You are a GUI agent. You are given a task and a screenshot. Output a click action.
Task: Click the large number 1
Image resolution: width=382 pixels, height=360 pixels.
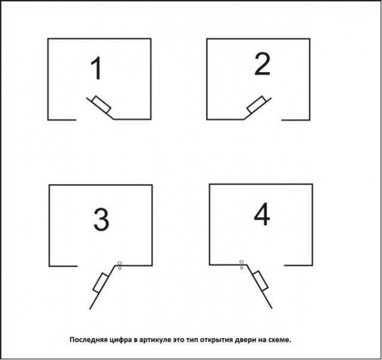click(x=97, y=68)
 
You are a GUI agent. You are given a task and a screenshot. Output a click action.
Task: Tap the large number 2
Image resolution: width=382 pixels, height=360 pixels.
click(x=262, y=64)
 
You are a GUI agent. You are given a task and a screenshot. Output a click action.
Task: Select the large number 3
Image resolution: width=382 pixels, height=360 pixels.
click(x=101, y=219)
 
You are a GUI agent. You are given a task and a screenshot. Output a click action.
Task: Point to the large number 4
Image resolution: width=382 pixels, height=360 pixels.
click(x=262, y=215)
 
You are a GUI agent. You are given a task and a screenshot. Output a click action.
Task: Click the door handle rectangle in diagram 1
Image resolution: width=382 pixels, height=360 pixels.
click(x=102, y=104)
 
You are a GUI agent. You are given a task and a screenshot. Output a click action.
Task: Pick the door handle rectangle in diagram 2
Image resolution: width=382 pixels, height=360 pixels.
click(x=257, y=104)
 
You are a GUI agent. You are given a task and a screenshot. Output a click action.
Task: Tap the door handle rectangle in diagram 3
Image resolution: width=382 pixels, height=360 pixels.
click(x=101, y=283)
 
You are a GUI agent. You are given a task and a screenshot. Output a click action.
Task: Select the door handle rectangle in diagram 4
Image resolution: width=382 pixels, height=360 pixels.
click(x=260, y=280)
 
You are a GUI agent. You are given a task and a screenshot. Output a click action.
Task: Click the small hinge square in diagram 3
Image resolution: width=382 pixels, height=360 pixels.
click(x=120, y=263)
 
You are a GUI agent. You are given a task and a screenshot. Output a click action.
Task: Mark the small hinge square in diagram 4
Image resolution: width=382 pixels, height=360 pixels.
click(x=241, y=262)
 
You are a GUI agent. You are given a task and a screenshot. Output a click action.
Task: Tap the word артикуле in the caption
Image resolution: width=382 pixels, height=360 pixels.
click(x=155, y=340)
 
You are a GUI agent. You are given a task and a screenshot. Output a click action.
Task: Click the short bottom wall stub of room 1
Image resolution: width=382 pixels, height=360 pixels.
click(x=62, y=120)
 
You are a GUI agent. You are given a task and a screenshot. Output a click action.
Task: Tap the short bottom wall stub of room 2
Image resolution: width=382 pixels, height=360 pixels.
click(x=296, y=120)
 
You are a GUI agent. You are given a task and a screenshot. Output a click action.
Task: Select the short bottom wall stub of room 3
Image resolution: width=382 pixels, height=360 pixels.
click(x=63, y=266)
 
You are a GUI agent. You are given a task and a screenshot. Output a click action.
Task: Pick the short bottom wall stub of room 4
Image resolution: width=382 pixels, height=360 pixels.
click(x=299, y=265)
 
